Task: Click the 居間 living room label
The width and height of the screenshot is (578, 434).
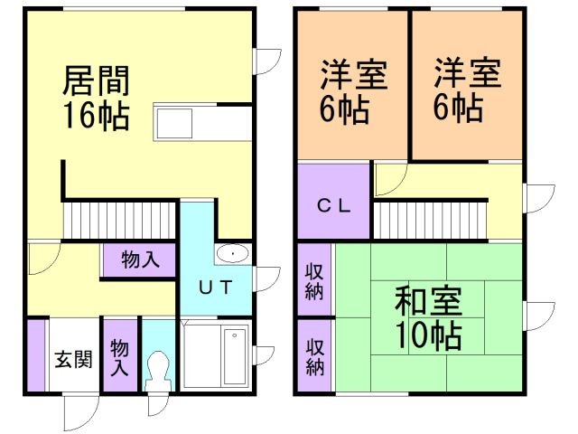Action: pos(95,82)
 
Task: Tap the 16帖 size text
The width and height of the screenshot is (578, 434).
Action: pos(95,116)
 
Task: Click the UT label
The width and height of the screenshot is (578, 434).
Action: pos(217,288)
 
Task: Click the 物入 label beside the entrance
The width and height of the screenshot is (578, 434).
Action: pos(119,356)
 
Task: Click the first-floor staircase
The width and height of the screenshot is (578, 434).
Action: pos(118,218)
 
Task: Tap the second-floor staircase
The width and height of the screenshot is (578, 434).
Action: pos(430,220)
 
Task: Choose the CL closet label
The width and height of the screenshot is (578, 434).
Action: pos(332,203)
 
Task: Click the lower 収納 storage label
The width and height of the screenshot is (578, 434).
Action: pos(313,356)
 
